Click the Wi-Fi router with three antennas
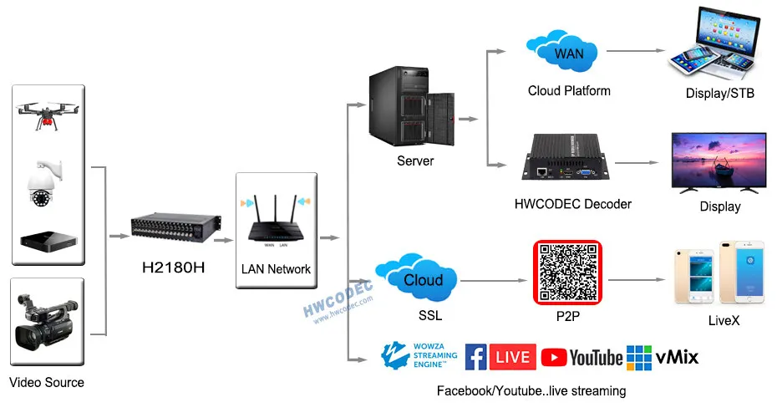click(x=276, y=222)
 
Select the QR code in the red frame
click(x=568, y=272)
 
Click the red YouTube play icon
click(x=553, y=358)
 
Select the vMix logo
click(x=663, y=357)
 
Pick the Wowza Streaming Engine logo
click(x=418, y=355)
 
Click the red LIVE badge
click(x=512, y=357)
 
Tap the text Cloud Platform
click(x=568, y=91)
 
